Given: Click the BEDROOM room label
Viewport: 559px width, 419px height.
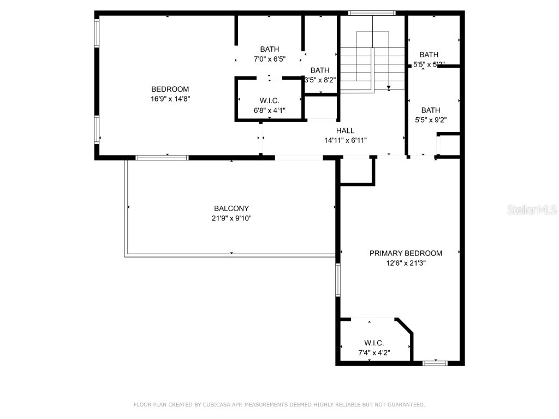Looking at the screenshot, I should [x=170, y=89].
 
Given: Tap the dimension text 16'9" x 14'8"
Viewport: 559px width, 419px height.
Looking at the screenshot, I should [x=170, y=99].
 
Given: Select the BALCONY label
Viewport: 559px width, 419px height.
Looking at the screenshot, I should [x=231, y=208].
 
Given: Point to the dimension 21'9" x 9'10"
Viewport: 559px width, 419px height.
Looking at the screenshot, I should [x=231, y=218].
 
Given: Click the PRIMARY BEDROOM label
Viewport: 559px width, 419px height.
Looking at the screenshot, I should [x=406, y=253].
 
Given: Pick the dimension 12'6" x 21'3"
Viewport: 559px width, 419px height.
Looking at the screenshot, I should [x=406, y=262].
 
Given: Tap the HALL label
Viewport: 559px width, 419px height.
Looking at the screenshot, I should [x=345, y=131].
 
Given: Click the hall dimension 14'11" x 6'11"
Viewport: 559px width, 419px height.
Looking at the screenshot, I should [x=345, y=140].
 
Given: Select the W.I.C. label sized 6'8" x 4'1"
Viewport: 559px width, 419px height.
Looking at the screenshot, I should [x=269, y=101].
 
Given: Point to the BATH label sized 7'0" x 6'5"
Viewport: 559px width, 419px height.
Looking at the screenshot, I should [x=269, y=50].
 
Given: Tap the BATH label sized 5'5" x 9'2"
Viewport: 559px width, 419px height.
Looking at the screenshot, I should [x=431, y=110].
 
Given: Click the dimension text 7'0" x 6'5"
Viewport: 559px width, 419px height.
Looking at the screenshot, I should [x=269, y=59].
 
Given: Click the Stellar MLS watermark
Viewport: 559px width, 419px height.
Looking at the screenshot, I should [x=532, y=209].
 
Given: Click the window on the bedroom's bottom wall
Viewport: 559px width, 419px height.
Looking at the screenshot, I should [x=162, y=158].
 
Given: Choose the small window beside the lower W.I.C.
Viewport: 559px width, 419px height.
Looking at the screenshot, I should [x=435, y=363].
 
